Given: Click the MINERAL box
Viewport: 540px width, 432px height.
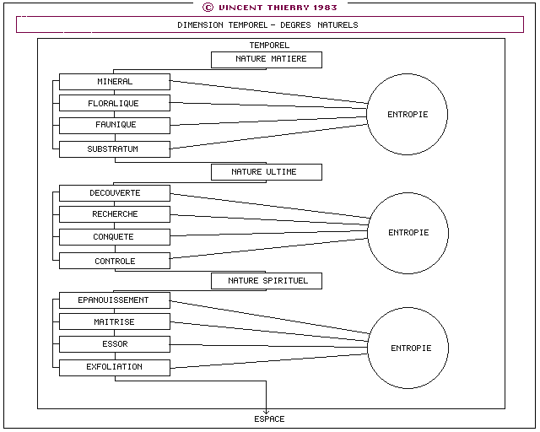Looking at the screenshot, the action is click(x=115, y=82).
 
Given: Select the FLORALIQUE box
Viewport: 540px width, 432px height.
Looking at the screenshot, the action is click(x=115, y=103).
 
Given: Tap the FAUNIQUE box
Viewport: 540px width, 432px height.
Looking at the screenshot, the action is click(x=115, y=126).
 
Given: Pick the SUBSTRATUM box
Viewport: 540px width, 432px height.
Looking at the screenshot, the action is click(x=115, y=149).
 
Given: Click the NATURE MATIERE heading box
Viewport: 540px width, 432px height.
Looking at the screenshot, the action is click(x=267, y=60).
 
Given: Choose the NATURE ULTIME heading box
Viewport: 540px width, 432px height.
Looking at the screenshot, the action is click(x=267, y=172).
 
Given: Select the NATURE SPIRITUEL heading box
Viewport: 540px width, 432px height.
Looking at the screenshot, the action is click(x=267, y=281).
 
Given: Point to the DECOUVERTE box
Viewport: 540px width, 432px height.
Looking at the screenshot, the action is click(x=115, y=193).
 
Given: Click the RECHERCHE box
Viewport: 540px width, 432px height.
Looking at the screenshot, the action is click(x=115, y=214).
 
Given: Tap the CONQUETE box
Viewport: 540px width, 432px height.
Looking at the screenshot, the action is click(x=115, y=237).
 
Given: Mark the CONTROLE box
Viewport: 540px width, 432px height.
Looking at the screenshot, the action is click(x=115, y=261).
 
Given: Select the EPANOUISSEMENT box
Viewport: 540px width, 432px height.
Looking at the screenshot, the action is click(x=115, y=300).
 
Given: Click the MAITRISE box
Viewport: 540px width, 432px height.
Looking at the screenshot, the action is click(x=115, y=321).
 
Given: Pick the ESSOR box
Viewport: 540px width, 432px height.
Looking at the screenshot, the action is click(x=115, y=344).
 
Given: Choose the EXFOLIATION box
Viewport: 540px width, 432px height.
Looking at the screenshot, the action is click(x=115, y=368).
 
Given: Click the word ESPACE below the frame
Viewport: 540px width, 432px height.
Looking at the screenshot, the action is click(x=269, y=419).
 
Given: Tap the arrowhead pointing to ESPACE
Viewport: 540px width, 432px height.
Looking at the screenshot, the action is click(x=267, y=412).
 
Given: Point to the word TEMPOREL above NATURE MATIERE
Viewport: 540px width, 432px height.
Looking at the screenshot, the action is click(x=269, y=45).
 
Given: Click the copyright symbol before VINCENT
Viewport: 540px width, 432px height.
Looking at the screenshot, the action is click(x=208, y=8).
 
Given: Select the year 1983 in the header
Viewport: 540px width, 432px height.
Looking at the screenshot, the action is click(x=325, y=8).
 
